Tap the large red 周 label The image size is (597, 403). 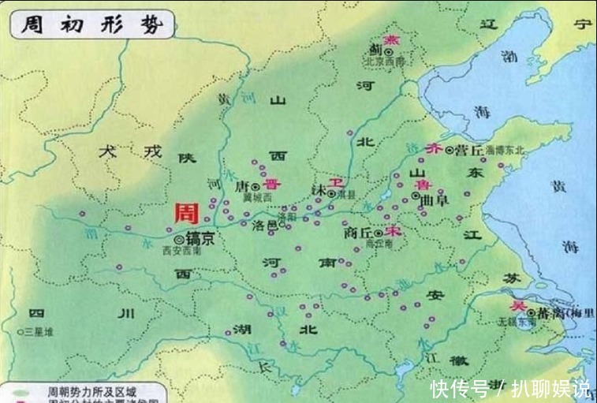click(187, 214)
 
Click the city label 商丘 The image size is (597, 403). click(357, 233)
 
